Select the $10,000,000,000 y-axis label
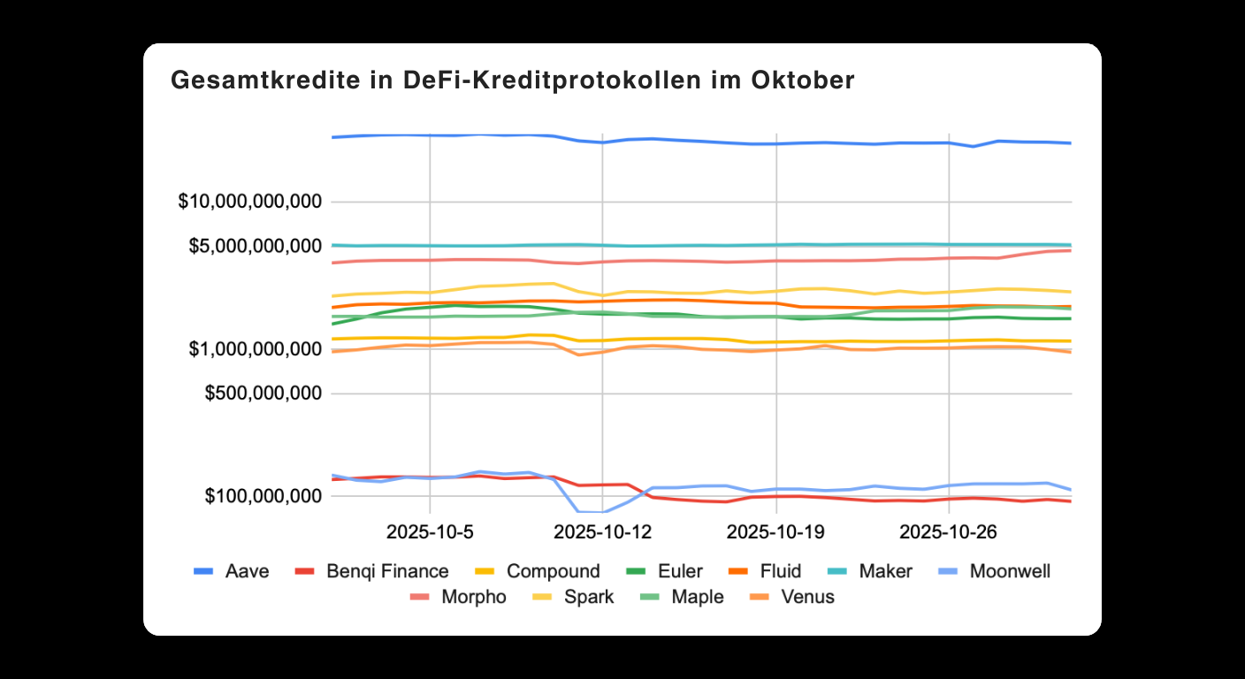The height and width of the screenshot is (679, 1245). (x=249, y=202)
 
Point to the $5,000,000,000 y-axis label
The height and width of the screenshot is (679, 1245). (x=255, y=245)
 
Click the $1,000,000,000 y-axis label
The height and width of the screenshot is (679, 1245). (x=255, y=349)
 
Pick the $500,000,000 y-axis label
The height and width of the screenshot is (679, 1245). (x=263, y=393)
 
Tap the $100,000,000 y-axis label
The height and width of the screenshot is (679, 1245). (x=263, y=496)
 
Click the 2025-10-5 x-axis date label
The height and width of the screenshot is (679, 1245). (x=429, y=532)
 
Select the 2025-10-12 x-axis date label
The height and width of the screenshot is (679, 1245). (x=602, y=532)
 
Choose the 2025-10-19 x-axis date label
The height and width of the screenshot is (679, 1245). (x=775, y=532)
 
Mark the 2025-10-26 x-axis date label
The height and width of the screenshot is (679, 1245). (x=948, y=532)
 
